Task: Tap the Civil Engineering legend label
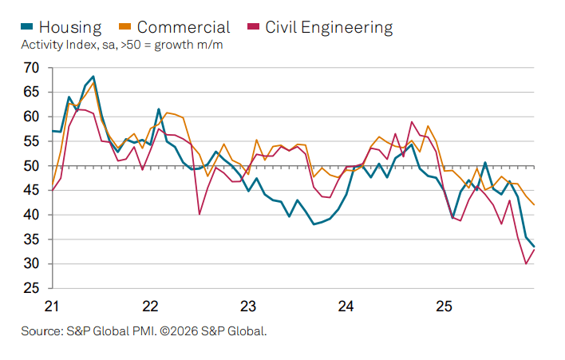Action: click(x=328, y=27)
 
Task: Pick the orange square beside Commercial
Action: click(x=129, y=27)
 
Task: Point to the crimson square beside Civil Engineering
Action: click(x=253, y=27)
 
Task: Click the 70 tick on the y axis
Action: click(x=31, y=68)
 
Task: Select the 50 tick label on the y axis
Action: click(x=31, y=166)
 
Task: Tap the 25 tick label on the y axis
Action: click(x=31, y=288)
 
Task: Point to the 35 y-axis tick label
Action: click(x=31, y=239)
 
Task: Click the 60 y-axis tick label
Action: click(x=31, y=117)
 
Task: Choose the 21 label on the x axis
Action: click(x=52, y=306)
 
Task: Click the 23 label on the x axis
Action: click(x=248, y=306)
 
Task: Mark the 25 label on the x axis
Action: click(x=444, y=306)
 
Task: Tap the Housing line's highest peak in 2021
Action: click(x=93, y=77)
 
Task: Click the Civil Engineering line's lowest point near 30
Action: click(x=526, y=263)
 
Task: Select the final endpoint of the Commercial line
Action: click(x=534, y=205)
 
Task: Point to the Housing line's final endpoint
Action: click(x=534, y=247)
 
